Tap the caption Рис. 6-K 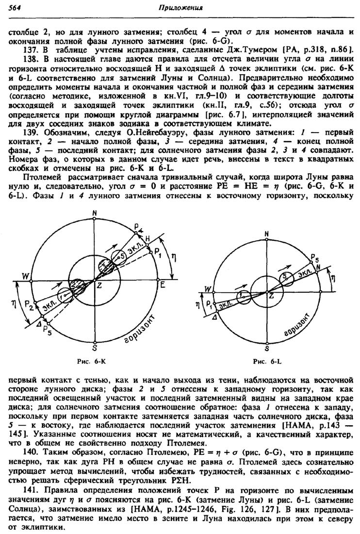(97, 362)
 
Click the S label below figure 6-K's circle (95, 348)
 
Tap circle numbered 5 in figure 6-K (117, 256)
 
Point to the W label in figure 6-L (208, 289)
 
